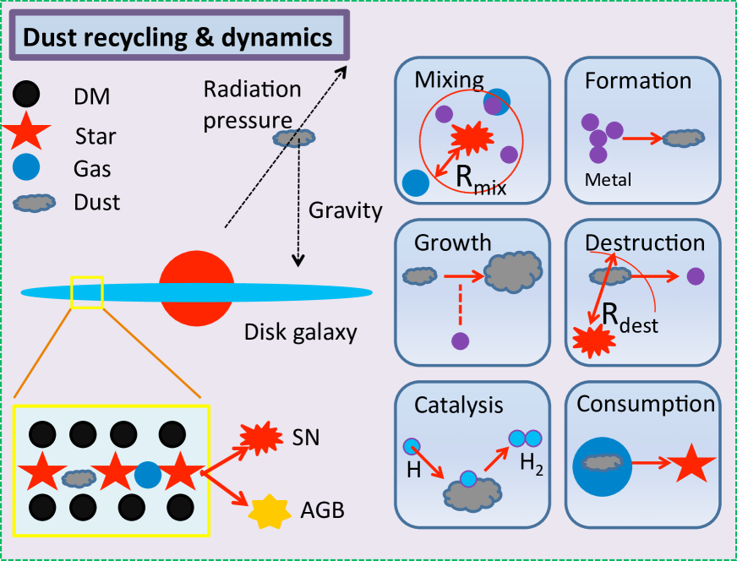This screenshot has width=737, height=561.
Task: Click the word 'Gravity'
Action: [x=346, y=210]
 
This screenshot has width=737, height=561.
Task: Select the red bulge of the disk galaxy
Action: [x=196, y=287]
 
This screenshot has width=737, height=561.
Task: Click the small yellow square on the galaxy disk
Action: [x=87, y=292]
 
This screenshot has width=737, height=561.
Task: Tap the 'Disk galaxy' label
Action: [x=300, y=332]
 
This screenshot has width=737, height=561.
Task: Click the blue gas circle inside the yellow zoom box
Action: [x=148, y=475]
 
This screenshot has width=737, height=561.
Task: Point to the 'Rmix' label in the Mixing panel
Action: [x=480, y=180]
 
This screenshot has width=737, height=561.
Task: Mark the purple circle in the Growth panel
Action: [x=460, y=341]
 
